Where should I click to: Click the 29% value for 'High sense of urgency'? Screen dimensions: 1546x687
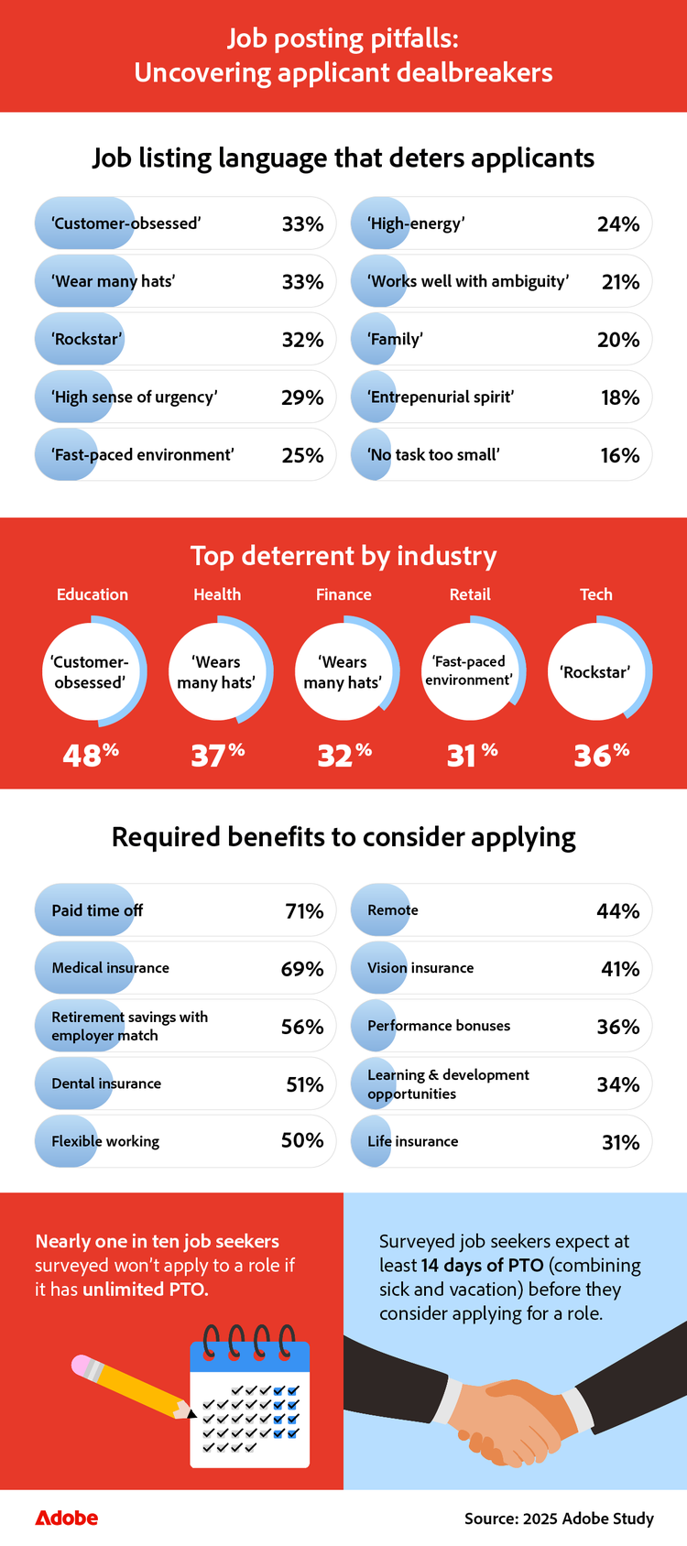[x=302, y=397]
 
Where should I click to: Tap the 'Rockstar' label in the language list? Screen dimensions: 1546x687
[x=87, y=340]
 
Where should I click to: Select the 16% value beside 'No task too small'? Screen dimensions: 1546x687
[x=619, y=455]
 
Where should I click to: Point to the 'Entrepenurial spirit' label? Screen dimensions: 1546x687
[x=441, y=397]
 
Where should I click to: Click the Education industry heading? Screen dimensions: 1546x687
[x=93, y=594]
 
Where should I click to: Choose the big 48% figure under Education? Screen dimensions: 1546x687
[x=91, y=755]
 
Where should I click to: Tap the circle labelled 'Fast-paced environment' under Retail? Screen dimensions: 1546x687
[x=469, y=671]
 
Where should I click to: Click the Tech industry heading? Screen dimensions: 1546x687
[x=595, y=594]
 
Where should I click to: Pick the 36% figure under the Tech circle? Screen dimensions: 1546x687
[x=601, y=755]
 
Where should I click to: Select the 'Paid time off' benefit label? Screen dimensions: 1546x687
[x=97, y=910]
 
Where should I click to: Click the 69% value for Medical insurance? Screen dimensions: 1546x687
[x=302, y=969]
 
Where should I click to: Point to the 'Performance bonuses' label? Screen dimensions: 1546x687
[x=439, y=1026]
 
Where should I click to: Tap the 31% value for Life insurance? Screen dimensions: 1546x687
[x=620, y=1142]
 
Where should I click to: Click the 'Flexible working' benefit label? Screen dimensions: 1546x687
[x=105, y=1141]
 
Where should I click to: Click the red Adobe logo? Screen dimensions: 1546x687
[x=66, y=1518]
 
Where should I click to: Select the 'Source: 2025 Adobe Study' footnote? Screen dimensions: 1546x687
[x=559, y=1519]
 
